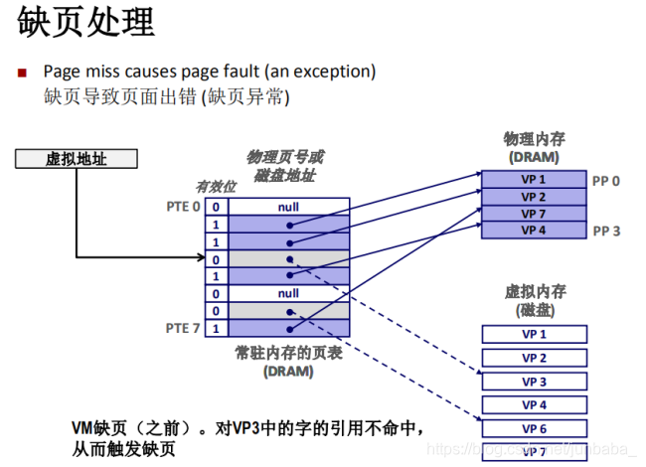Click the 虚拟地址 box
pyautogui.click(x=76, y=158)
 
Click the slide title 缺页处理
pyautogui.click(x=86, y=24)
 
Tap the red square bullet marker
pyautogui.click(x=23, y=74)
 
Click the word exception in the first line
pyautogui.click(x=334, y=72)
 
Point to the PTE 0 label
pyautogui.click(x=183, y=207)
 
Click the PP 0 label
pyautogui.click(x=605, y=181)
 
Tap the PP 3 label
pyautogui.click(x=605, y=231)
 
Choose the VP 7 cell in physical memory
pyautogui.click(x=534, y=214)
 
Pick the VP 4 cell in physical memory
pyautogui.click(x=534, y=231)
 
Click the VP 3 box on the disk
pyautogui.click(x=534, y=382)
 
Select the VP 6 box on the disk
pyautogui.click(x=534, y=428)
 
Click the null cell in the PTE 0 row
pyautogui.click(x=288, y=207)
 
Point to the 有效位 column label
pyautogui.click(x=216, y=187)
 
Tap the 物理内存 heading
pyautogui.click(x=534, y=139)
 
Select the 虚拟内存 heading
pyautogui.click(x=534, y=291)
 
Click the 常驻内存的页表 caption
pyautogui.click(x=288, y=353)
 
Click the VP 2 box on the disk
pyautogui.click(x=534, y=358)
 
